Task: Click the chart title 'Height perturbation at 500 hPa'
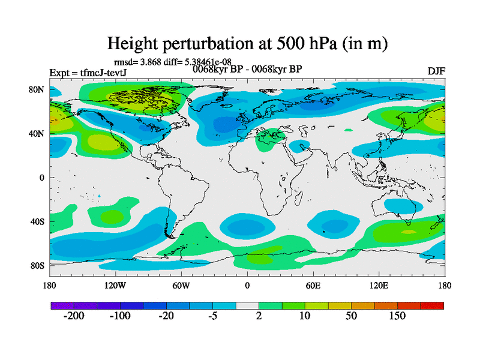[247, 43]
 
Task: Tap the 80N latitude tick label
[37, 89]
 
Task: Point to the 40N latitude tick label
[37, 133]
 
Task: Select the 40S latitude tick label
[37, 221]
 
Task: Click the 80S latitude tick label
[37, 265]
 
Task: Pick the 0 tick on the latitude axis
[42, 178]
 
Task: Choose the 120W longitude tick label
[115, 285]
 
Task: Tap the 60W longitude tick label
[181, 285]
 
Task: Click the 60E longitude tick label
[313, 285]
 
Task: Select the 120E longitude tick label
[379, 285]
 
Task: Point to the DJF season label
[436, 71]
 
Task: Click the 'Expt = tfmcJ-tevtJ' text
[88, 73]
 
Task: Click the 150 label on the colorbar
[397, 316]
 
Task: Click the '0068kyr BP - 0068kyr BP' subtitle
[247, 68]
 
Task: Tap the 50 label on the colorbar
[351, 316]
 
